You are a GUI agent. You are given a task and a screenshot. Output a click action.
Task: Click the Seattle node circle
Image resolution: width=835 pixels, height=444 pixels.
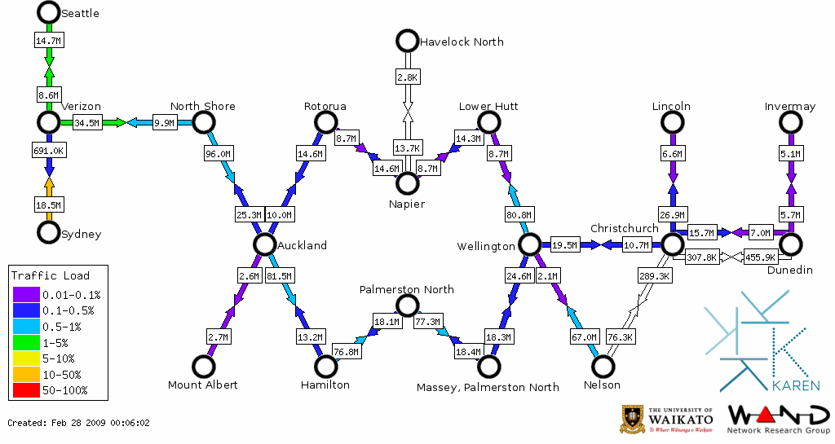[x=49, y=12]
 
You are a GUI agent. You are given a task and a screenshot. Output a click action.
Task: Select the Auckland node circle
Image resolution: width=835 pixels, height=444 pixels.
[x=263, y=244]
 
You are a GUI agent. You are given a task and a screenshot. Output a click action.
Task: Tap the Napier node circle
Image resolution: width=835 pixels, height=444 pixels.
[x=406, y=183]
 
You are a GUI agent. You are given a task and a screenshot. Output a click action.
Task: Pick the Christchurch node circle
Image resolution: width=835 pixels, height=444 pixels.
[x=671, y=244]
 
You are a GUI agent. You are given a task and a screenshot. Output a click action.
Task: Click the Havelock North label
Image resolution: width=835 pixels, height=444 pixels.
[x=461, y=42]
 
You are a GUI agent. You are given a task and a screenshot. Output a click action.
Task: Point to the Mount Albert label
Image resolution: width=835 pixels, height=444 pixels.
[x=202, y=385]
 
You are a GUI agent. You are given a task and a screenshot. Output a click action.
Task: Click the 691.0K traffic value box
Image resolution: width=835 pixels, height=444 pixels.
[x=48, y=151]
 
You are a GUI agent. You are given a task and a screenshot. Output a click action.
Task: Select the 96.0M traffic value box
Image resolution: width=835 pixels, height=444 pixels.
[x=218, y=153]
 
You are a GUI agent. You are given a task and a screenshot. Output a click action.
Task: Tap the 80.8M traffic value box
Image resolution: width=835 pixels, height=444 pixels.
[x=519, y=216]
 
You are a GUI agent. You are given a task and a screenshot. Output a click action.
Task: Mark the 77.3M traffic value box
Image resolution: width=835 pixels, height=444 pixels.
[x=427, y=322]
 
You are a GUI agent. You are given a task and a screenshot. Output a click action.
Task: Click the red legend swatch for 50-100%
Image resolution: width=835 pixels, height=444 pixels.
[x=25, y=390]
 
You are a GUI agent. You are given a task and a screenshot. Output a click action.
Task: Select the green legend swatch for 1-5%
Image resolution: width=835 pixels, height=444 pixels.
[x=25, y=343]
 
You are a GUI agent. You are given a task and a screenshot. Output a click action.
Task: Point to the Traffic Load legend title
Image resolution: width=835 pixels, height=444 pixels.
[x=51, y=275]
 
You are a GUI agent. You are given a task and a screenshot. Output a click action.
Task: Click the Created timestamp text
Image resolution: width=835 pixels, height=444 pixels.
[x=78, y=423]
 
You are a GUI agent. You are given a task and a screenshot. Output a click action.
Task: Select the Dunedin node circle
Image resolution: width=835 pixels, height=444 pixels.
[x=789, y=244]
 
